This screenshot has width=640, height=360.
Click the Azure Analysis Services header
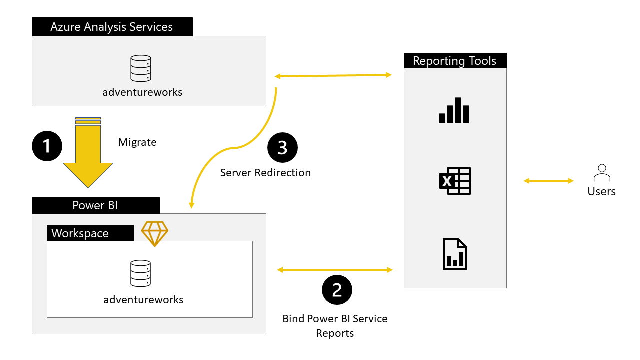point(112,27)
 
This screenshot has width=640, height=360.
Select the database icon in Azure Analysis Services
point(140,69)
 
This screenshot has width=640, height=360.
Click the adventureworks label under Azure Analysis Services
point(142,92)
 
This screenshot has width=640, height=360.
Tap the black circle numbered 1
point(47,146)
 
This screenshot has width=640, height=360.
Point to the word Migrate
point(137,142)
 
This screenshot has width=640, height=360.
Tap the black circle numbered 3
point(282,148)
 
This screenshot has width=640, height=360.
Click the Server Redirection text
point(265,173)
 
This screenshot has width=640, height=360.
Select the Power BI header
point(95,205)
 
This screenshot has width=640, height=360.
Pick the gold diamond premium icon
point(155,233)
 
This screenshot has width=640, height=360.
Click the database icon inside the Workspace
point(140,273)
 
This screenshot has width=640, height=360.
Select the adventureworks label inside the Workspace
point(143,300)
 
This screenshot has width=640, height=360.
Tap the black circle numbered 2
point(337,289)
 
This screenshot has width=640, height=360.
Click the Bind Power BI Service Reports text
point(335,326)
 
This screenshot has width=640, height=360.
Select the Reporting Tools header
point(455,61)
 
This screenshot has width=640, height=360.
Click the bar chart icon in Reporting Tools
point(454,110)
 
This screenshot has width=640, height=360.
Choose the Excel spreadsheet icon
point(455,181)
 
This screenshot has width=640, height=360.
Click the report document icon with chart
point(455,254)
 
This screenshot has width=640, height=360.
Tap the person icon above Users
point(602,174)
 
